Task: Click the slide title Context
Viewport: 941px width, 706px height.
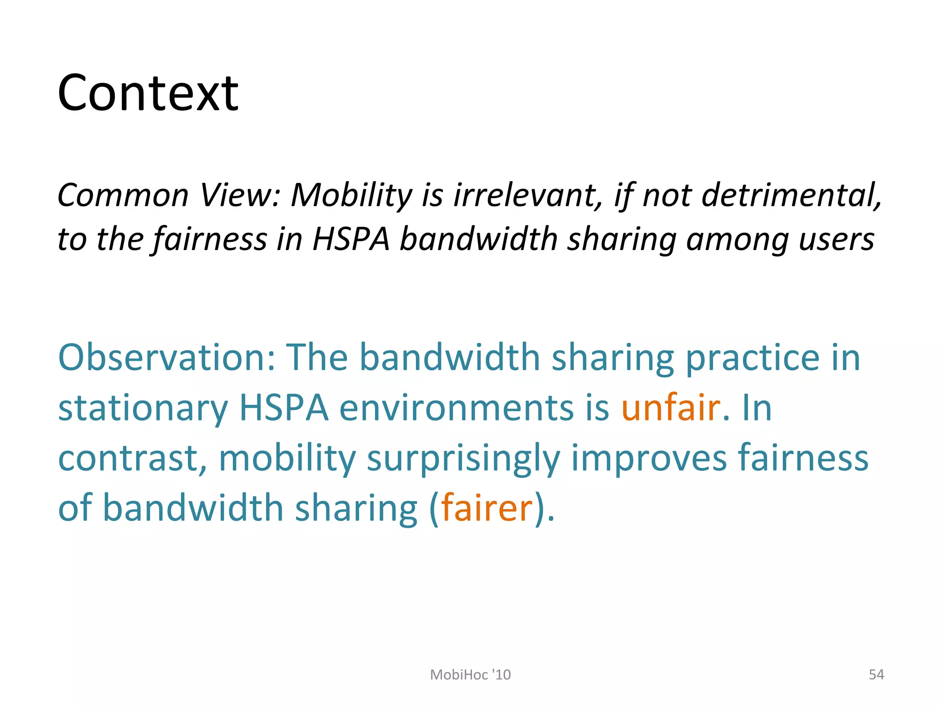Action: (x=148, y=93)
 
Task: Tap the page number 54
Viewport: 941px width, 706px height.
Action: (x=876, y=674)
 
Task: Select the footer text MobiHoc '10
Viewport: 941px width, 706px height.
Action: (x=470, y=674)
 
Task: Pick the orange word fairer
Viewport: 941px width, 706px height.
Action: (x=487, y=507)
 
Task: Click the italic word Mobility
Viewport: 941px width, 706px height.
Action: (x=352, y=196)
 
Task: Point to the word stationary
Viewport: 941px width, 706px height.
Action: (x=143, y=408)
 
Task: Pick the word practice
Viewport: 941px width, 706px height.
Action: (x=753, y=358)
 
